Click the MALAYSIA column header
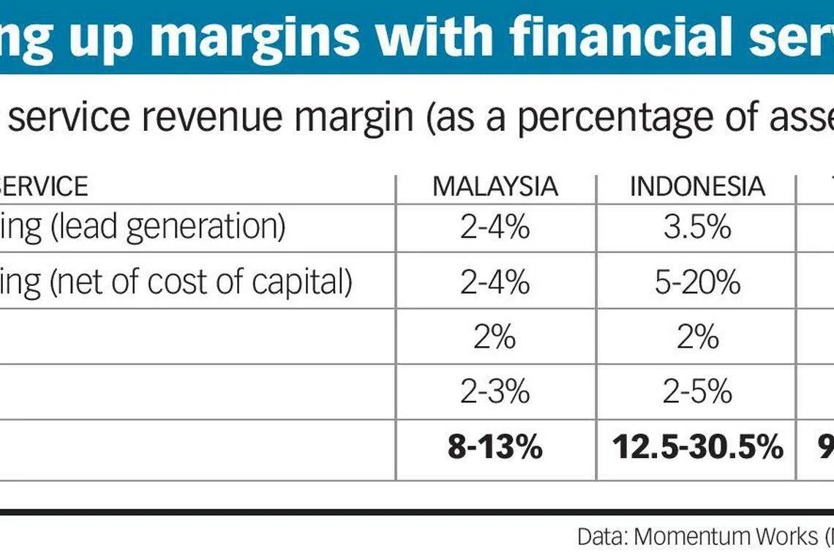pos(495,187)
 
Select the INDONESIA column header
pos(697,187)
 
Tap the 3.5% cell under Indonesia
pos(697,228)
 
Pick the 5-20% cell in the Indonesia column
pos(697,282)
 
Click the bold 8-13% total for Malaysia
pos(495,447)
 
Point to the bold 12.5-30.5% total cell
pos(697,447)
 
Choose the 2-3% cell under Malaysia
pos(495,392)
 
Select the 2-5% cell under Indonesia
pos(697,392)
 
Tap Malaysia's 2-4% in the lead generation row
pos(495,228)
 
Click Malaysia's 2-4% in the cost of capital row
pos(495,282)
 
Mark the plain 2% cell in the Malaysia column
pos(495,337)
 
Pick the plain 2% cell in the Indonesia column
pos(697,337)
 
